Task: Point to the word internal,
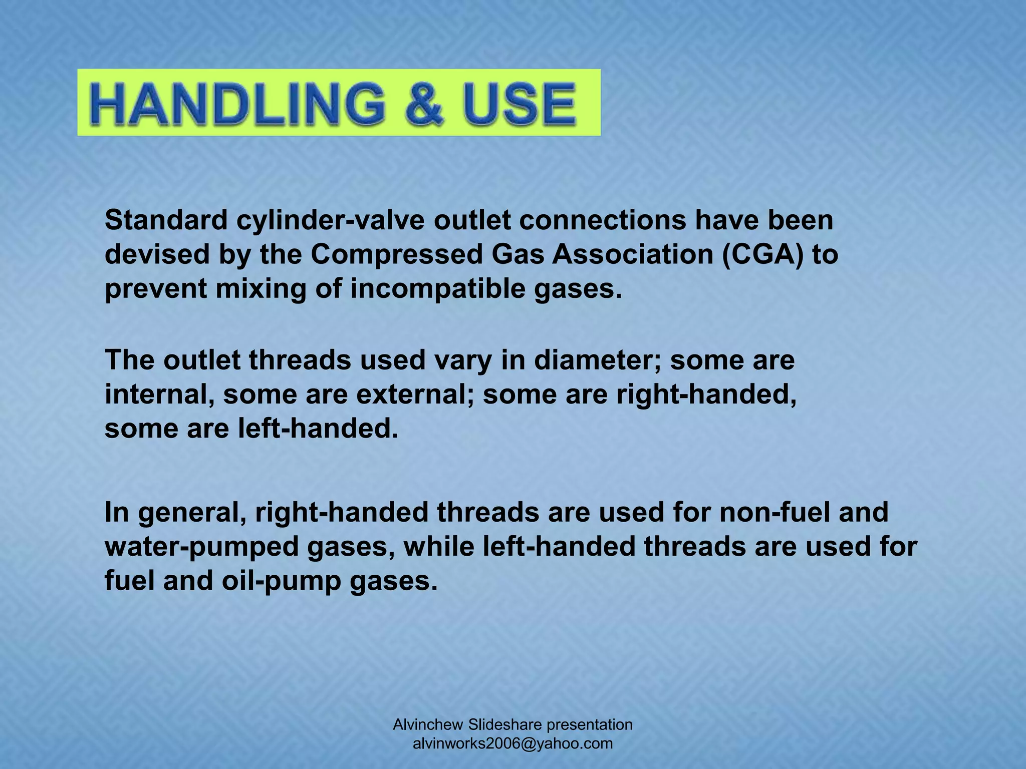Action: pos(160,395)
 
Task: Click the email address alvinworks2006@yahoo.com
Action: pos(512,743)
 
